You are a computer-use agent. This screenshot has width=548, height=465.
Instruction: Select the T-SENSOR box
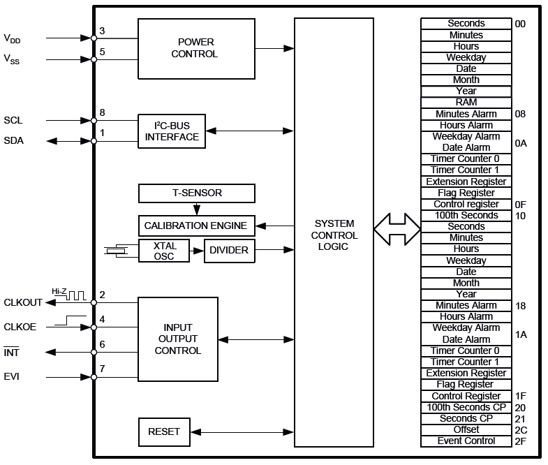point(197,193)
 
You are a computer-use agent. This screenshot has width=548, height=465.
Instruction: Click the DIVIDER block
point(230,251)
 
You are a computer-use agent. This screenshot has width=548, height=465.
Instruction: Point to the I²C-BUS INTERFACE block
point(172,131)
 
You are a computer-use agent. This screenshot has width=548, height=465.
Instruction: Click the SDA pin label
point(14,141)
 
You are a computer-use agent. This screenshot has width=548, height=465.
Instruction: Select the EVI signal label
point(12,377)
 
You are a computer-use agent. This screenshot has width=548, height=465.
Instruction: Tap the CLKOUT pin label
point(23,302)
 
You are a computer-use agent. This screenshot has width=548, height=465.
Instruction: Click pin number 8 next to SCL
point(102,112)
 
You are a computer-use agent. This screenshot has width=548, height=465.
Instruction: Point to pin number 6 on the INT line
point(102,344)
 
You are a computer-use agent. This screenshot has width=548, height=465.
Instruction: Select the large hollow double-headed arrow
point(397,226)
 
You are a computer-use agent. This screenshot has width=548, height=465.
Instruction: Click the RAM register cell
point(466,103)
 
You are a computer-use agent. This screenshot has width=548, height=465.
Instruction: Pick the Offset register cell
point(466,429)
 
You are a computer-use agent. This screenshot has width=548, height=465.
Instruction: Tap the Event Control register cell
point(466,441)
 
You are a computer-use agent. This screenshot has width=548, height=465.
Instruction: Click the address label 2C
point(521,429)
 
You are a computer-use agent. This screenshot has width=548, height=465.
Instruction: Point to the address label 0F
point(520,205)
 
